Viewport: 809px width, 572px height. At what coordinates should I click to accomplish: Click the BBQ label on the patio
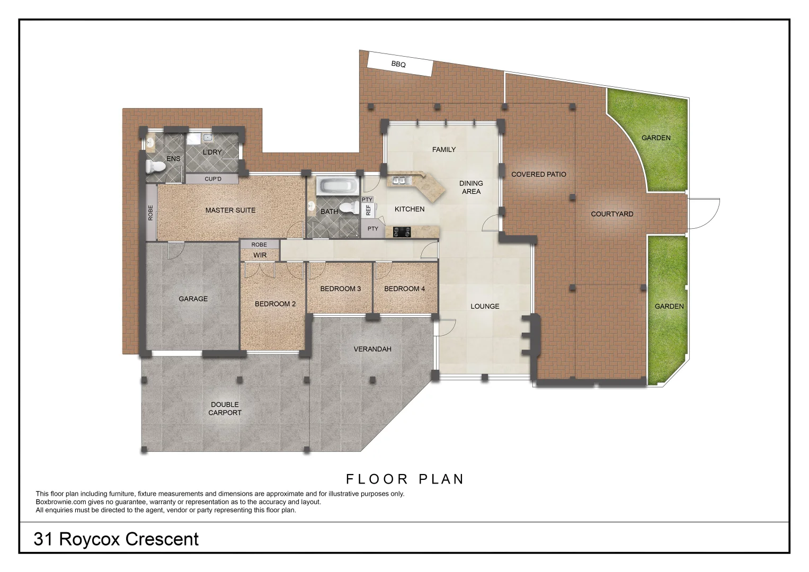pos(398,65)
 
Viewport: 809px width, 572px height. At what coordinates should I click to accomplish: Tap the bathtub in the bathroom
pos(337,186)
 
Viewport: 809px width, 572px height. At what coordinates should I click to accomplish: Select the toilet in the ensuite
pos(155,166)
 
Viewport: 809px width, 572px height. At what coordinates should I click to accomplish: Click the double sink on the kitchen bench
pos(400,181)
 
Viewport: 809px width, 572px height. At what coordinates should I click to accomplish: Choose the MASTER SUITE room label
pos(230,210)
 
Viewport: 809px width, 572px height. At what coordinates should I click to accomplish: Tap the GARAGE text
pos(193,299)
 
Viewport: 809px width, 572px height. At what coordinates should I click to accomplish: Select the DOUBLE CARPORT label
pos(225,409)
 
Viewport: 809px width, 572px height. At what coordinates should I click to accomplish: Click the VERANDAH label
pos(372,349)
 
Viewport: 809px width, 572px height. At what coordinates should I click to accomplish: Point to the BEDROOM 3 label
pos(340,289)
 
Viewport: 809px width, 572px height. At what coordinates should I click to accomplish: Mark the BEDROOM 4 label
pos(404,289)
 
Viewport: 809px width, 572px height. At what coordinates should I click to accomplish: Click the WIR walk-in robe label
pos(260,255)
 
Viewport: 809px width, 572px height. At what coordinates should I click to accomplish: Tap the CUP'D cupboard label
pos(213,179)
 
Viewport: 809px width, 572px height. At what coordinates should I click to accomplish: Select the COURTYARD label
pos(612,214)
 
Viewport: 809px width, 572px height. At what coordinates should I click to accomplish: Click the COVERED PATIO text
pos(538,174)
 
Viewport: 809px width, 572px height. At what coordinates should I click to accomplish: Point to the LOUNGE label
pos(485,306)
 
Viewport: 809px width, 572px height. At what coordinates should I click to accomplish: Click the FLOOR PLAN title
pos(405,479)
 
